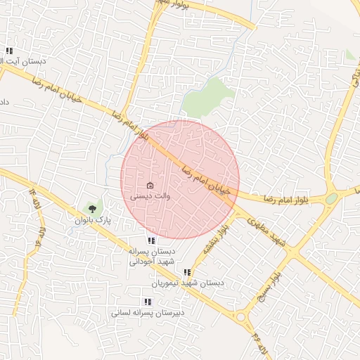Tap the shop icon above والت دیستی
[150, 186]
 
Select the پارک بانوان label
[94, 220]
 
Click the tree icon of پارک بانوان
[91, 208]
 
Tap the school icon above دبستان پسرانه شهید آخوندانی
[151, 240]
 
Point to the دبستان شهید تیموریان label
[187, 283]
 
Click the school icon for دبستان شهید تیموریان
[187, 272]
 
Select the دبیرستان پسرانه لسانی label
[147, 312]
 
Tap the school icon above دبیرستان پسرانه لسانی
[147, 301]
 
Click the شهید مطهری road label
[267, 231]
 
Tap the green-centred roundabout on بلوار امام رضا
[331, 199]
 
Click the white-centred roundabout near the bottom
[242, 318]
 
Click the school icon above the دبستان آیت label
[9, 51]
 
